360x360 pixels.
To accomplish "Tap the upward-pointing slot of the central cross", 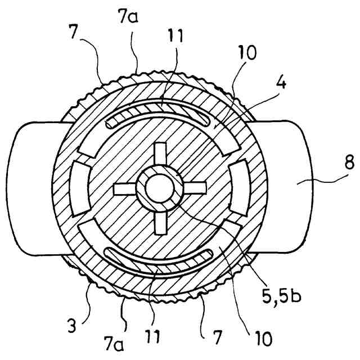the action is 161,155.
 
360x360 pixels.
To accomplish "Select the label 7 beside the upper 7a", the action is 84,46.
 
